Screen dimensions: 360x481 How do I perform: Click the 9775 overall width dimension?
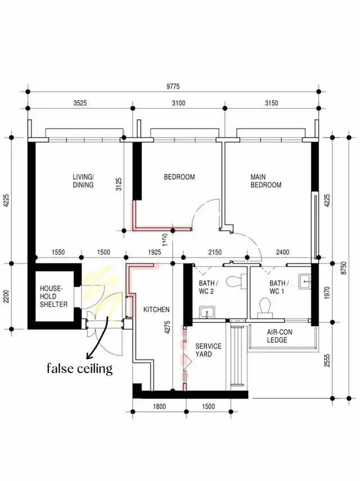pyautogui.click(x=173, y=87)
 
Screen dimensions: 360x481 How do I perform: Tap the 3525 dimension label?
pyautogui.click(x=80, y=103)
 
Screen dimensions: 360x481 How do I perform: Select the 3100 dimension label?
pyautogui.click(x=178, y=103)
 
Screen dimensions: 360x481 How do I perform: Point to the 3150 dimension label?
pyautogui.click(x=272, y=103)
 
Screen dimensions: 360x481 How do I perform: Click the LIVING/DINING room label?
pyautogui.click(x=83, y=181)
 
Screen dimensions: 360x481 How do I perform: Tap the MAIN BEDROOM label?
pyautogui.click(x=266, y=181)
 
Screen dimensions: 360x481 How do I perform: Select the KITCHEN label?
pyautogui.click(x=156, y=309)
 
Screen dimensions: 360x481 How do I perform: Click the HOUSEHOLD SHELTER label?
pyautogui.click(x=53, y=296)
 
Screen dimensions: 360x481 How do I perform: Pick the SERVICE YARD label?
pyautogui.click(x=208, y=350)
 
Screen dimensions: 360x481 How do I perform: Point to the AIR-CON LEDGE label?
pyautogui.click(x=280, y=336)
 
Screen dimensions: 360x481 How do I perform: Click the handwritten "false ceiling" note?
pyautogui.click(x=80, y=368)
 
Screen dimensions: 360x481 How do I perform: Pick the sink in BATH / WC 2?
pyautogui.click(x=207, y=312)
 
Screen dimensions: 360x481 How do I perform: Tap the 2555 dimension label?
pyautogui.click(x=327, y=361)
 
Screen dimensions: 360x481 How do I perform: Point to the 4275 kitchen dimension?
pyautogui.click(x=167, y=327)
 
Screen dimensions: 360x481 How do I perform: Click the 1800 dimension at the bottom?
pyautogui.click(x=159, y=406)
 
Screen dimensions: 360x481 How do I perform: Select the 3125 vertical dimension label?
pyautogui.click(x=119, y=185)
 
